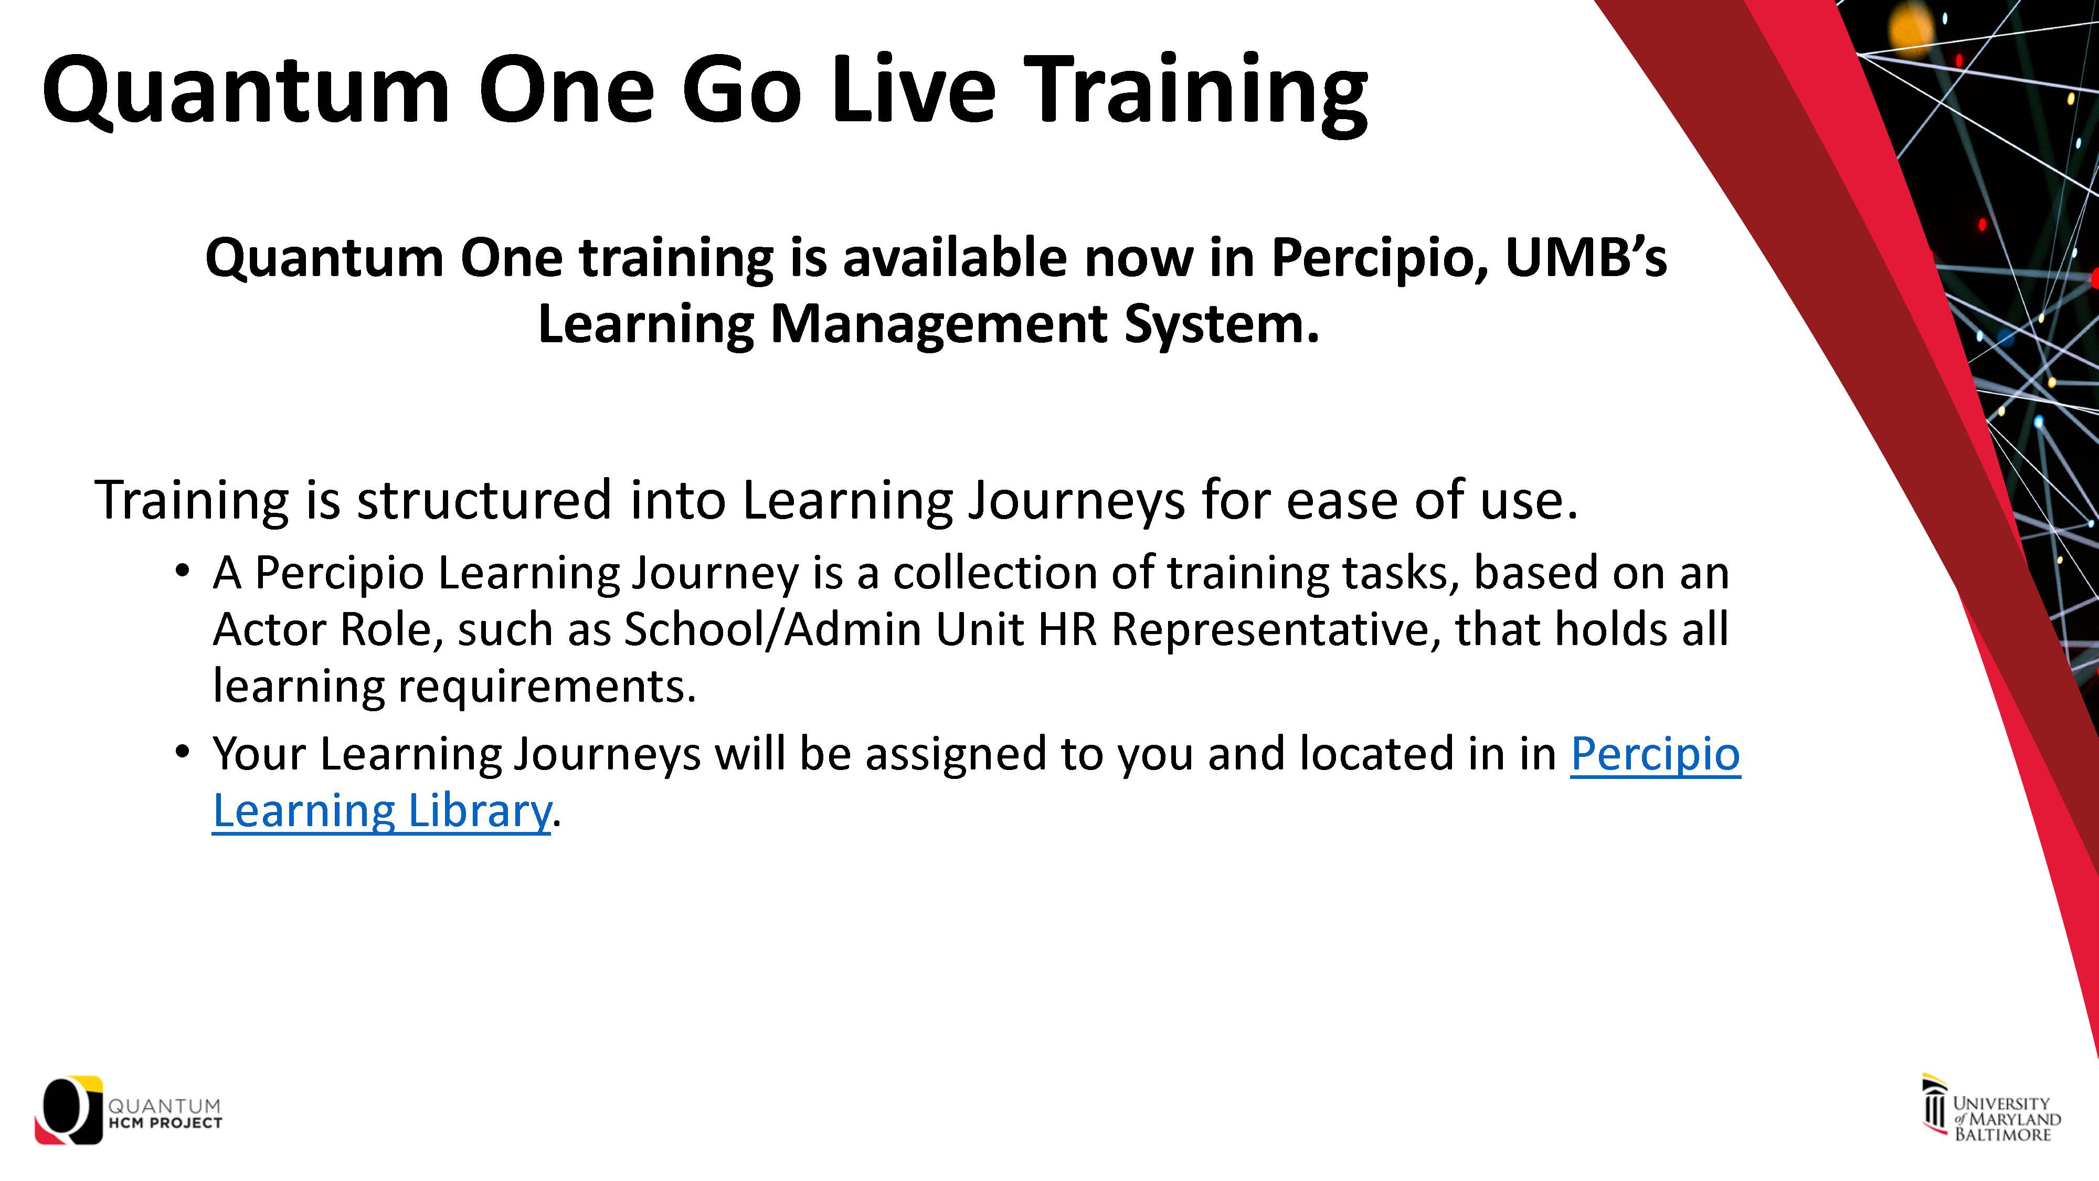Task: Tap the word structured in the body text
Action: [484, 500]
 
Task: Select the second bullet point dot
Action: [183, 752]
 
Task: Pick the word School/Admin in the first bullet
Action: [772, 630]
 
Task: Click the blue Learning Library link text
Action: [382, 811]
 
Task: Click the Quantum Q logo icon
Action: [68, 1110]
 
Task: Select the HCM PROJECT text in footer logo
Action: [165, 1123]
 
